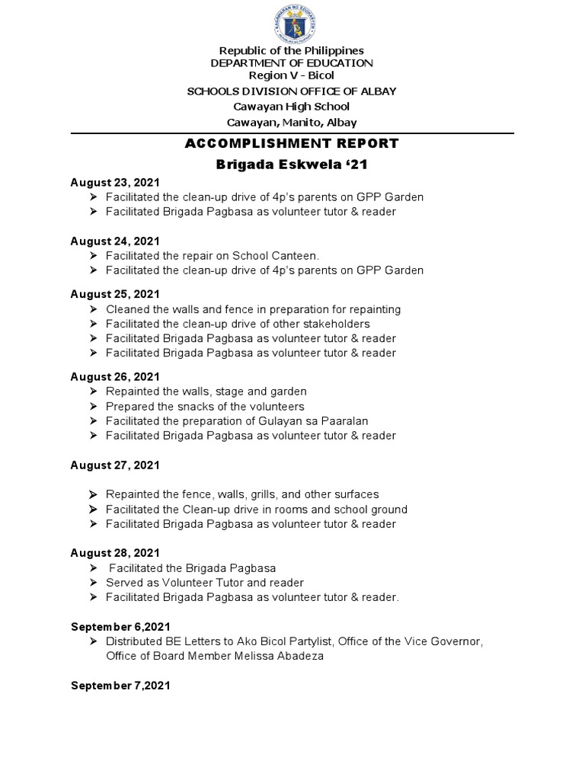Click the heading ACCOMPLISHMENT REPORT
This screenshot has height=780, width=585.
(x=292, y=143)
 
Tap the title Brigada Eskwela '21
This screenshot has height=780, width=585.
(x=292, y=165)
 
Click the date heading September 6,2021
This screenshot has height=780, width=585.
(x=120, y=626)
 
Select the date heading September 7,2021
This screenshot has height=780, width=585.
(x=120, y=686)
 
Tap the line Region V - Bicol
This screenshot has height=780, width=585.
(x=292, y=75)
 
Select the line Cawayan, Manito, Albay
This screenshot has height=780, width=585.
(x=292, y=122)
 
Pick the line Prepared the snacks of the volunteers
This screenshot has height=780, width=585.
(x=205, y=406)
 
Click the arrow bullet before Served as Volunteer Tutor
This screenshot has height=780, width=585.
(x=92, y=583)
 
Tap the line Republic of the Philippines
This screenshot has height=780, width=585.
(x=292, y=50)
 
